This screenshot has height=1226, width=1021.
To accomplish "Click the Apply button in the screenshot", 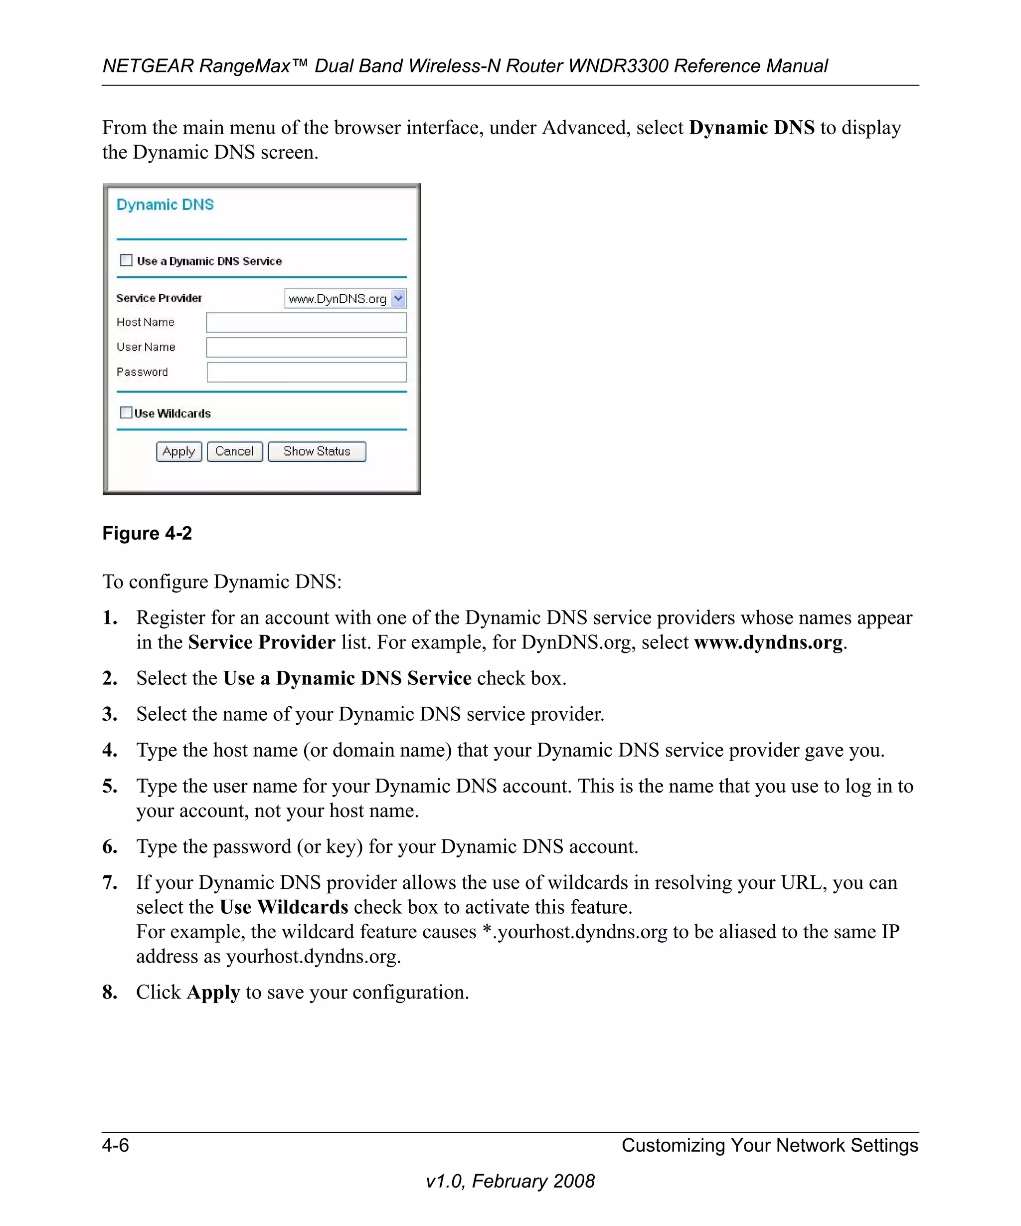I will pyautogui.click(x=178, y=451).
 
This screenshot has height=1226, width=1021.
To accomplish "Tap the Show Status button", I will pyautogui.click(x=316, y=451).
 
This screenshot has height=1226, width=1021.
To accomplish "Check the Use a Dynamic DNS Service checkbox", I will pyautogui.click(x=126, y=260).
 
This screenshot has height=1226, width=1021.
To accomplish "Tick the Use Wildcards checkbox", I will pyautogui.click(x=126, y=413).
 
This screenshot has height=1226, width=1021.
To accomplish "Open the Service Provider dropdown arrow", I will pyautogui.click(x=398, y=298).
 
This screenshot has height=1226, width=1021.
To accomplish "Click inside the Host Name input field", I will pyautogui.click(x=306, y=322).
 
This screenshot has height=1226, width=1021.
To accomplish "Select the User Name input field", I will pyautogui.click(x=306, y=347).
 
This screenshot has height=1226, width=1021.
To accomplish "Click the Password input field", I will pyautogui.click(x=306, y=373).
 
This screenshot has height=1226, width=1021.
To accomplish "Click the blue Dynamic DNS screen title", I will pyautogui.click(x=165, y=205).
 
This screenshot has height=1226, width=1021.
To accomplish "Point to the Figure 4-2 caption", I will pyautogui.click(x=147, y=533).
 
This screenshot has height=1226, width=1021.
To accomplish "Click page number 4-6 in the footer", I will pyautogui.click(x=116, y=1145).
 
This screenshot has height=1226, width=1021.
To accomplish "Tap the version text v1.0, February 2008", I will pyautogui.click(x=510, y=1181).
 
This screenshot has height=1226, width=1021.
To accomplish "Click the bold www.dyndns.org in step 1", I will pyautogui.click(x=768, y=642).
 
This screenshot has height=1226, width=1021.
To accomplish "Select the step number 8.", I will pyautogui.click(x=110, y=992).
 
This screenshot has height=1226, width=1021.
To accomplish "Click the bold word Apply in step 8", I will pyautogui.click(x=213, y=993).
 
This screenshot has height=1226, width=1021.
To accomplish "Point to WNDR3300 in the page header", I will pyautogui.click(x=619, y=66).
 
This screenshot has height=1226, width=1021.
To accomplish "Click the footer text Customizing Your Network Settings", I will pyautogui.click(x=770, y=1145).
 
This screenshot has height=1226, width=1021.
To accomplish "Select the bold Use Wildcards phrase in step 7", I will pyautogui.click(x=284, y=907).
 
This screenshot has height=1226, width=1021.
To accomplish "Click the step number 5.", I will pyautogui.click(x=110, y=786).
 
